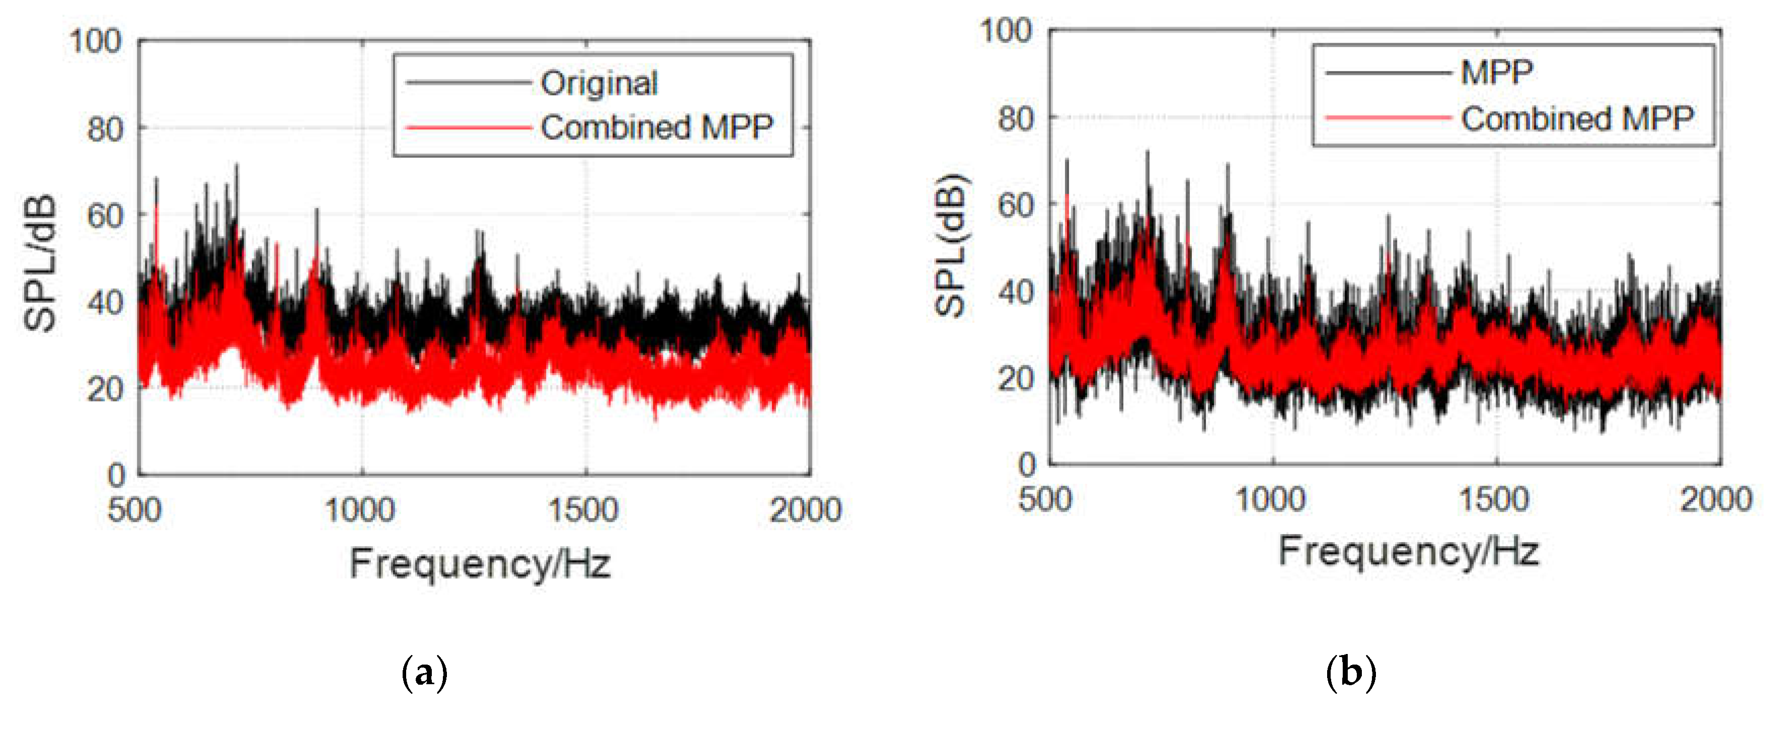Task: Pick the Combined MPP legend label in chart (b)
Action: pyautogui.click(x=1577, y=118)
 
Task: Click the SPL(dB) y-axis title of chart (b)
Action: pyautogui.click(x=951, y=246)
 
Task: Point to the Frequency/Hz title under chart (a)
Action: pyautogui.click(x=479, y=564)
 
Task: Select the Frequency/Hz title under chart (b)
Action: pyautogui.click(x=1408, y=551)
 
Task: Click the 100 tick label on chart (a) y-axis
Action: pyautogui.click(x=96, y=41)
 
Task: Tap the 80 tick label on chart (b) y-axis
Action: pyautogui.click(x=1016, y=118)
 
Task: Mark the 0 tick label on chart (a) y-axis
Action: pyautogui.click(x=117, y=475)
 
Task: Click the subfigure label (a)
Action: pyautogui.click(x=424, y=672)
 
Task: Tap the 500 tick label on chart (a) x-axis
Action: pyautogui.click(x=134, y=510)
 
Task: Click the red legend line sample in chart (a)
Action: pyautogui.click(x=469, y=128)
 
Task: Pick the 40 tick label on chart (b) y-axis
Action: pyautogui.click(x=1016, y=292)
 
